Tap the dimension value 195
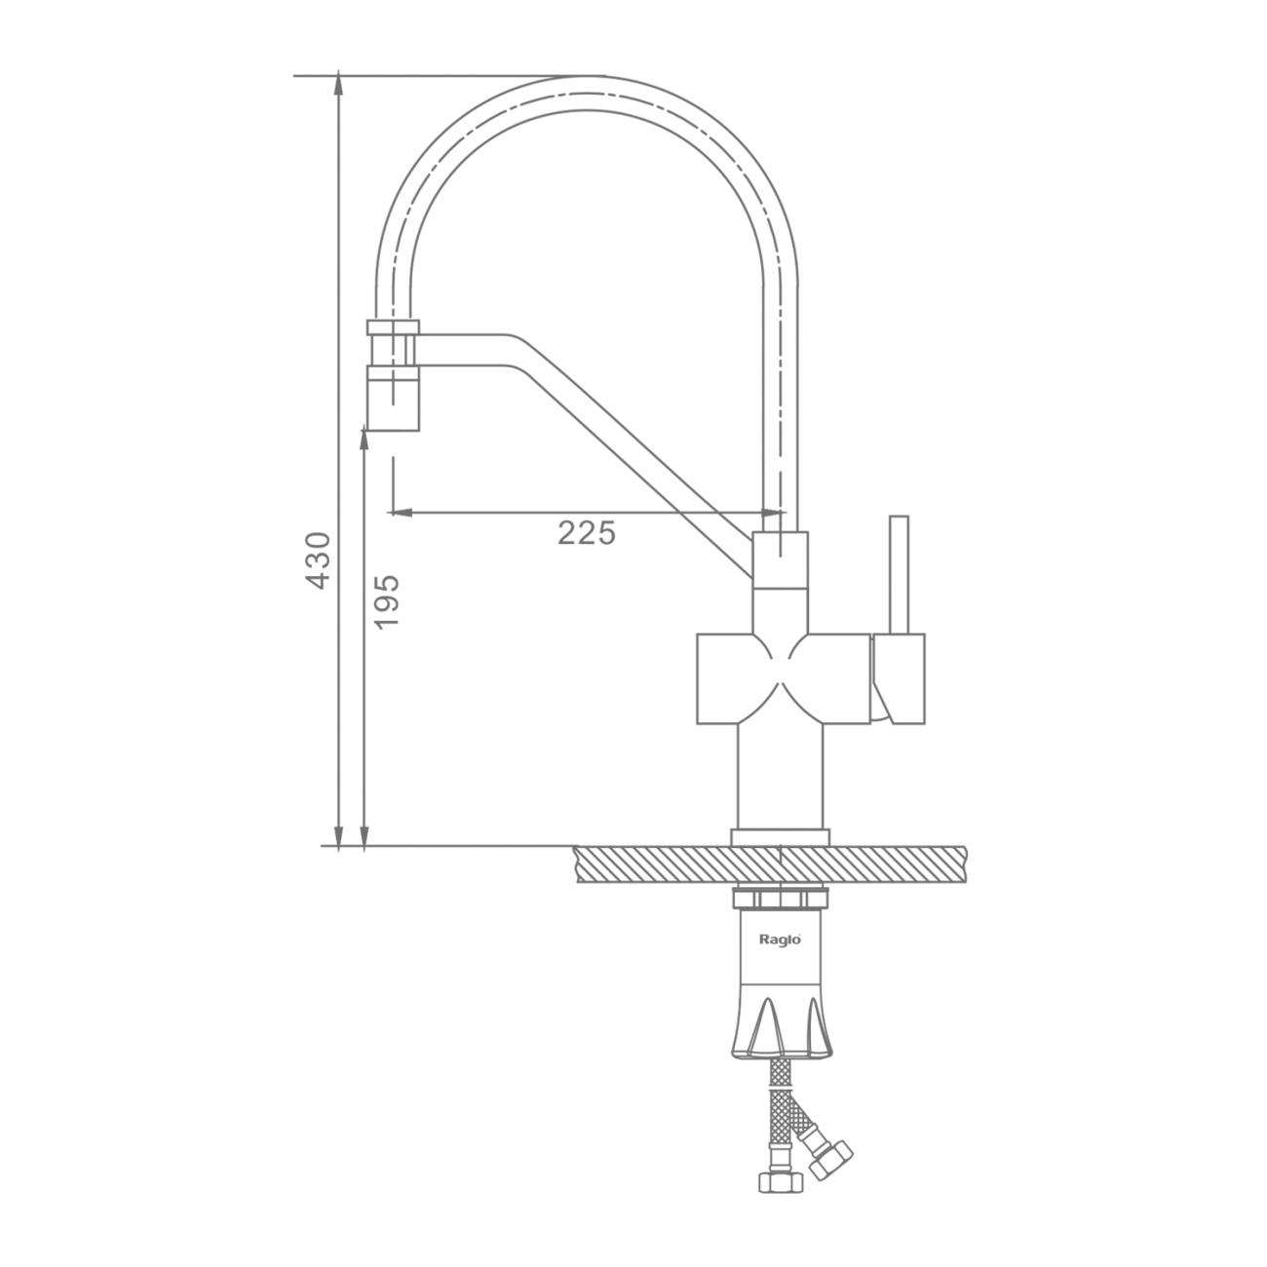387,601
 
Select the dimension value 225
587,533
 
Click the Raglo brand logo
781,940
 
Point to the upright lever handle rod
899,575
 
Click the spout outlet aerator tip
393,399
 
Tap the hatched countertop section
770,864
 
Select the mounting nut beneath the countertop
780,898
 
